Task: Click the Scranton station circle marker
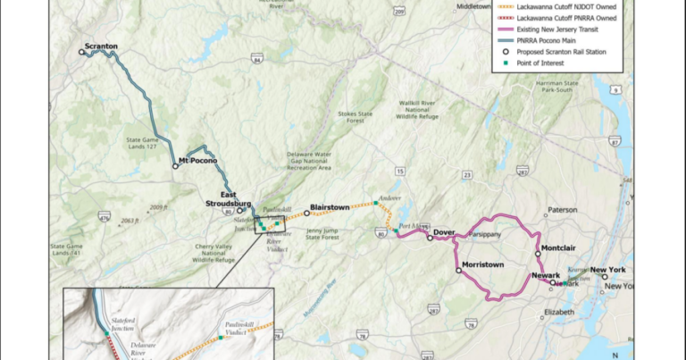pos(81,53)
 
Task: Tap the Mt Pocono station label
pos(197,160)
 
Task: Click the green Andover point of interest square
pos(376,204)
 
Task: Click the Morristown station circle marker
pos(458,271)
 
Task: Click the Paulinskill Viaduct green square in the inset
pos(221,338)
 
